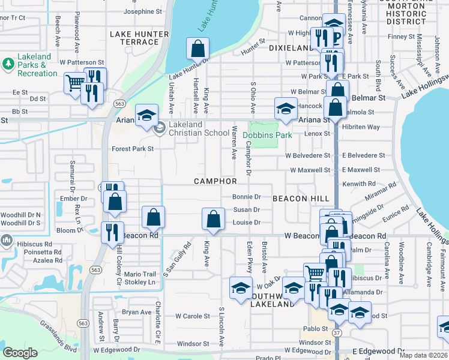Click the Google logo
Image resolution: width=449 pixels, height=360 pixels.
coord(20,352)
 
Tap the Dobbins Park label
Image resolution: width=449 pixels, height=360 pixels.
coord(267,135)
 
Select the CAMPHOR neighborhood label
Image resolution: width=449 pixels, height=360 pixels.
coord(215,181)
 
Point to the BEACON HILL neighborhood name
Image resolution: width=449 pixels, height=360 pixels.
coord(298,198)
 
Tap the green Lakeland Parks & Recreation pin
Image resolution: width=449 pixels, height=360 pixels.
coord(8,63)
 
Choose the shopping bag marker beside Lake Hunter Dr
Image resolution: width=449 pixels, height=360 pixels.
coord(197,48)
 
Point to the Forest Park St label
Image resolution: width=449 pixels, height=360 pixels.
coord(133,149)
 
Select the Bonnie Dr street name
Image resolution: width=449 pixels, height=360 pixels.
coord(246,196)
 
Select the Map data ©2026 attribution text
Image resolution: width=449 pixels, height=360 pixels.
coord(423,355)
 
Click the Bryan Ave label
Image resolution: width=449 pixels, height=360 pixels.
coord(137,312)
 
